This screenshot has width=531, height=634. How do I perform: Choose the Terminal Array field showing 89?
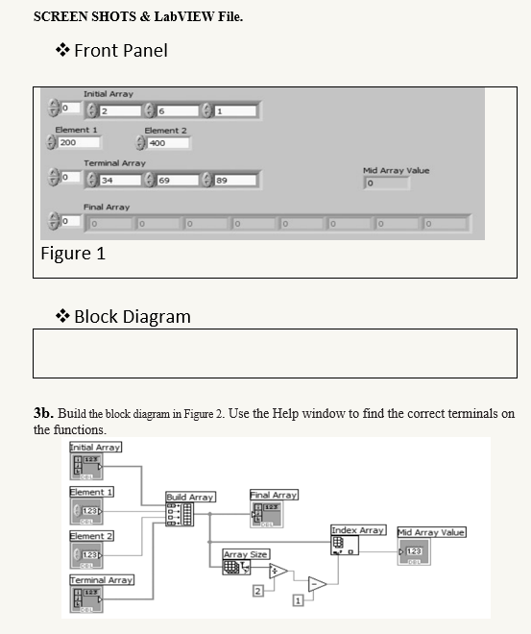click(234, 179)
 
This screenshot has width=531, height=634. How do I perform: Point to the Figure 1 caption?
click(73, 254)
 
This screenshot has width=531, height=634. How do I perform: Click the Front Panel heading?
click(120, 50)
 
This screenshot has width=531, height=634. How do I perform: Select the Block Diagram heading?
click(132, 316)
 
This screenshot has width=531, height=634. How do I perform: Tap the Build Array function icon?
click(180, 514)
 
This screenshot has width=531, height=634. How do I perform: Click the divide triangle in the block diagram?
click(278, 572)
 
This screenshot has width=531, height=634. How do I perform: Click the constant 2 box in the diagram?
click(256, 590)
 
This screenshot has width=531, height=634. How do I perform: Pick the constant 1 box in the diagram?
click(297, 600)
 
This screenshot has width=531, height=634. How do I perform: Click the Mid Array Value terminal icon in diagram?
click(414, 551)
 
